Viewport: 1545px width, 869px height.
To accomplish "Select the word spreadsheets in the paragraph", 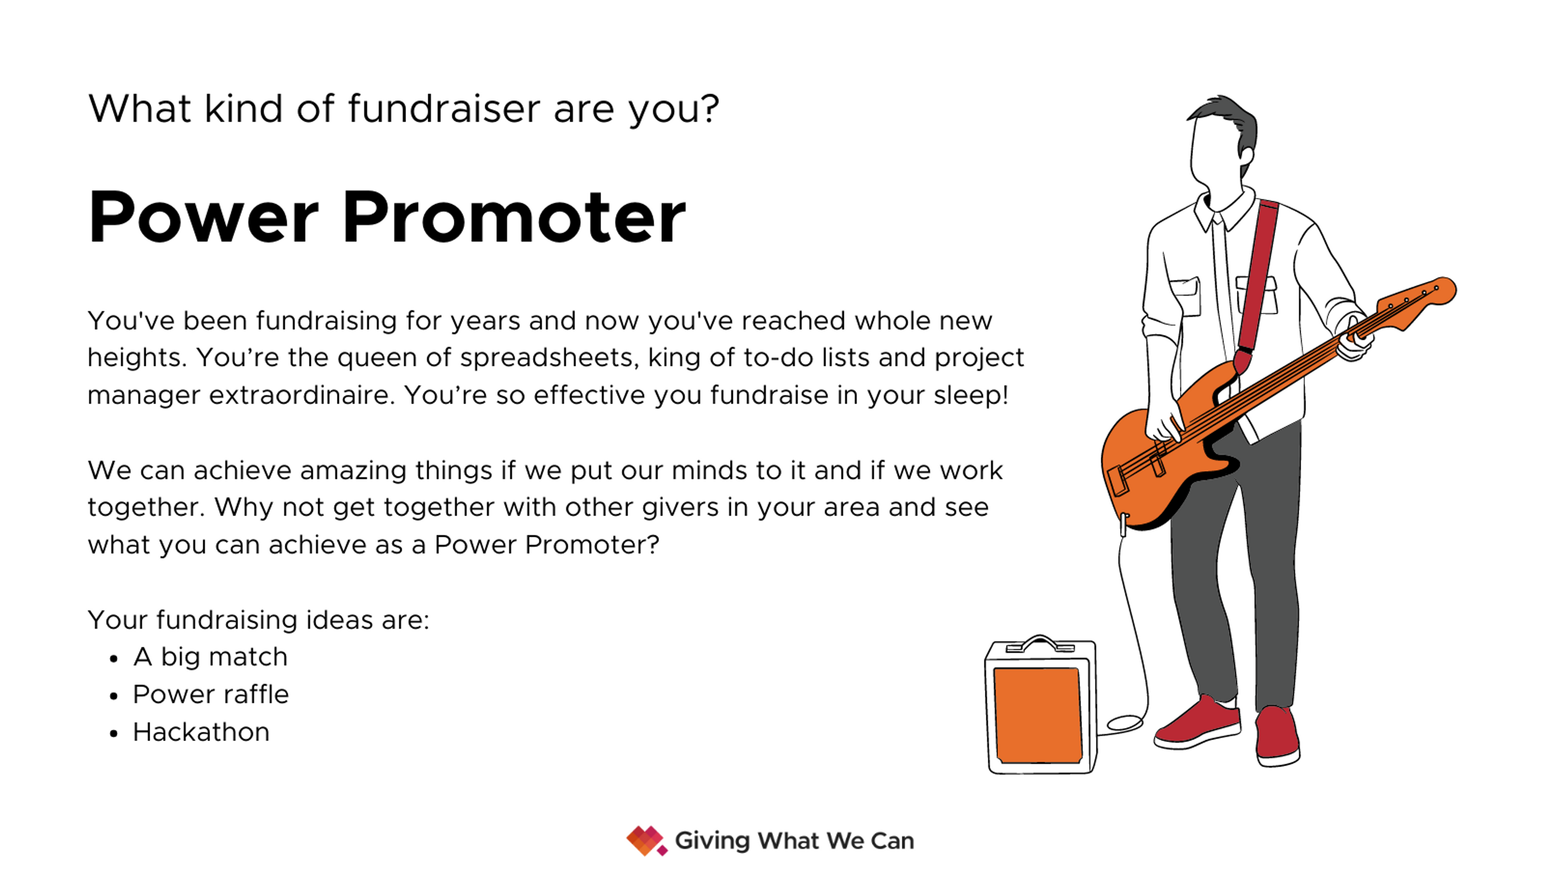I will click(x=546, y=358).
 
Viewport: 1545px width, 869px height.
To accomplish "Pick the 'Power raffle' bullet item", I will click(x=210, y=694).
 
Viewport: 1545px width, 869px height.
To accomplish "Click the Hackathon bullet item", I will click(x=201, y=732).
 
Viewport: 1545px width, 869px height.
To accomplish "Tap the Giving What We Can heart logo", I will click(x=645, y=841).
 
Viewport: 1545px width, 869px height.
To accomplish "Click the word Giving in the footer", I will click(x=712, y=841).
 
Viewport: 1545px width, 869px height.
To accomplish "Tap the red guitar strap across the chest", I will click(x=1258, y=276).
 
